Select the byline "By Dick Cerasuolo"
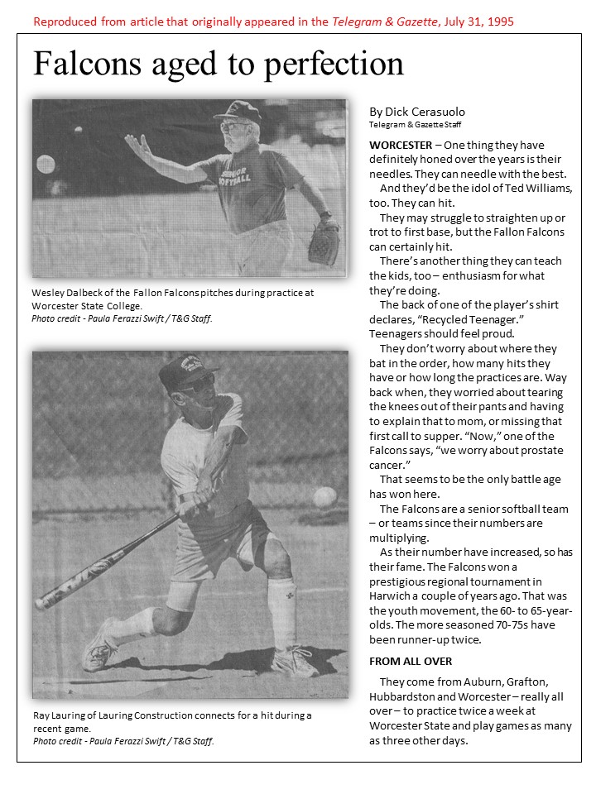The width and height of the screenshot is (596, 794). click(x=419, y=112)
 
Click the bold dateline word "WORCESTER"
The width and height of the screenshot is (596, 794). click(x=401, y=145)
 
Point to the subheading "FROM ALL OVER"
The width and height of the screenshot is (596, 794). click(x=411, y=661)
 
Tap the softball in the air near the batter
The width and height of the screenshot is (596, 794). click(x=325, y=497)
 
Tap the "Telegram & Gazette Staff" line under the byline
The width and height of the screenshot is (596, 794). click(x=415, y=124)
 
